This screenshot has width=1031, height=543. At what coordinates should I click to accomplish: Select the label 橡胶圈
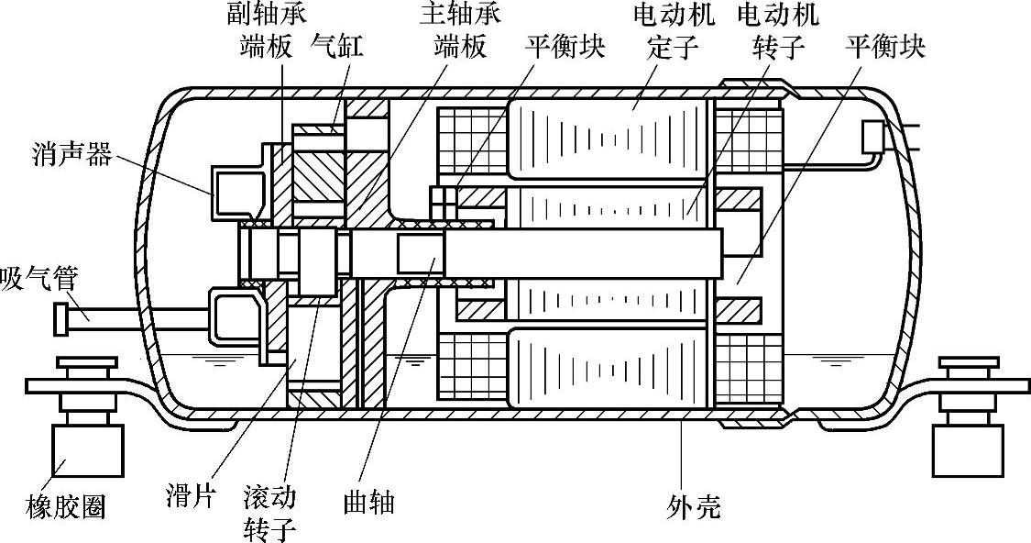(65, 505)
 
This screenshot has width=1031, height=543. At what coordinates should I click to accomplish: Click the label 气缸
(336, 45)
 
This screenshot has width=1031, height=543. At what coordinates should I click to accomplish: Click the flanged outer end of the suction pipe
(63, 316)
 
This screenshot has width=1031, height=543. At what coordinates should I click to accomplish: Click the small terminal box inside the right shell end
(874, 139)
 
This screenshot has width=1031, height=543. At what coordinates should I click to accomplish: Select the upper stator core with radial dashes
(605, 138)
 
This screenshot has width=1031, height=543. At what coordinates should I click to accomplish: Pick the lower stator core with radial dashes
(605, 367)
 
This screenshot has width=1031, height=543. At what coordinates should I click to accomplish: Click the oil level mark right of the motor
(835, 361)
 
